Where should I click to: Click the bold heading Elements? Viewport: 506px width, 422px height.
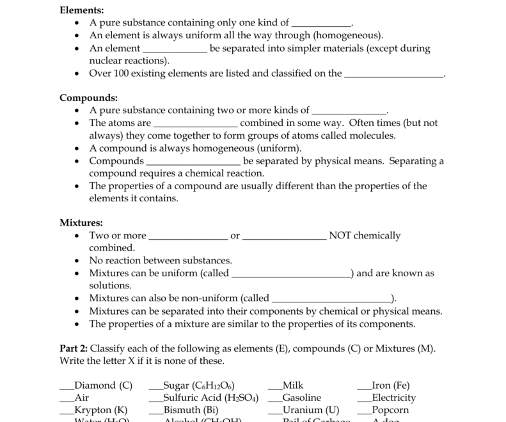[82, 10]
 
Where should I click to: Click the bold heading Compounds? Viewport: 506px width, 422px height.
[88, 98]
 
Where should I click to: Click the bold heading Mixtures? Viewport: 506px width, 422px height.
[81, 223]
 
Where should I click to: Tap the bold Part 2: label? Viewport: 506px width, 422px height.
[74, 348]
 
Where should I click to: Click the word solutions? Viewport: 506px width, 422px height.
[110, 285]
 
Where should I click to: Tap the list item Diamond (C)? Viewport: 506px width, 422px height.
[104, 386]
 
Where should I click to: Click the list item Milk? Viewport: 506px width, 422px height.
[293, 386]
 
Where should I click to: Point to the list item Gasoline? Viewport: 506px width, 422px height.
[301, 398]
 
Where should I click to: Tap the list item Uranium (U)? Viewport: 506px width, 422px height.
[311, 410]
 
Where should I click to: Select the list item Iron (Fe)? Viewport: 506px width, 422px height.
[391, 386]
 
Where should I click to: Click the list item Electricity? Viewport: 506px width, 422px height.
[394, 398]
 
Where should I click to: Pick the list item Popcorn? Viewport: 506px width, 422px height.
[390, 410]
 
